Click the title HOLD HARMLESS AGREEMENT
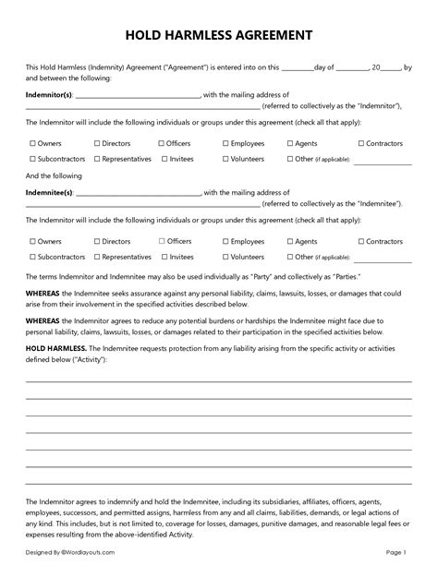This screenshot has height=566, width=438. pos(219,34)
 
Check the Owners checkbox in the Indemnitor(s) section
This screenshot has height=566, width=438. pos(32,144)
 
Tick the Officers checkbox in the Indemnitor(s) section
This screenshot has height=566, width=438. pos(162,144)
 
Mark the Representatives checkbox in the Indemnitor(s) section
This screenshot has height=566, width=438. pos(97,158)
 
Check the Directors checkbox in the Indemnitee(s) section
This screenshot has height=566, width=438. pos(97,242)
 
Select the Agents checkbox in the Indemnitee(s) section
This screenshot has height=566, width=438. pos(290,242)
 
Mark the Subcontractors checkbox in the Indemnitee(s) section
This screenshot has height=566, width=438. pos(32,256)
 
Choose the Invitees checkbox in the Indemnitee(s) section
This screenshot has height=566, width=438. pos(162,256)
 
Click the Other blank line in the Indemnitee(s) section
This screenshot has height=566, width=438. pos(382,258)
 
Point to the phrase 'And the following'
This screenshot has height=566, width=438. pos(52,175)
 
